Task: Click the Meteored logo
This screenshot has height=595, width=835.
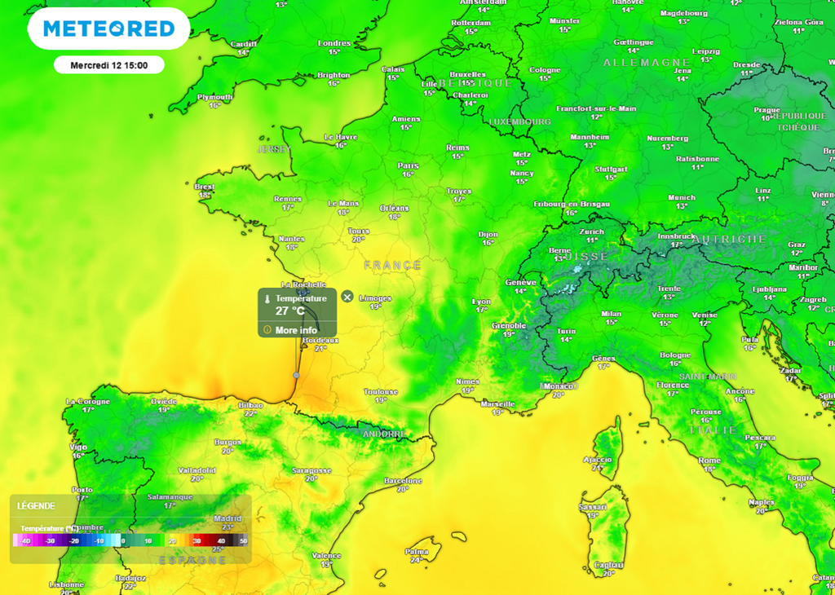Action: click(x=108, y=29)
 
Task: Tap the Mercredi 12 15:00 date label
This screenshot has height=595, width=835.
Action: click(x=109, y=65)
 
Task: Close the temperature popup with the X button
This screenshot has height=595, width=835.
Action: click(x=347, y=297)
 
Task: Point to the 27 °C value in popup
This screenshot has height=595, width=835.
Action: click(x=290, y=311)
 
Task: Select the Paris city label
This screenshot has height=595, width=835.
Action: click(x=409, y=165)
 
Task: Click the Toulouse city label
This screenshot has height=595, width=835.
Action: click(x=381, y=392)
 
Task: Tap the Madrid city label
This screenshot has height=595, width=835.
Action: click(x=228, y=518)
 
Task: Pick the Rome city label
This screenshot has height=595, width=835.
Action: click(x=709, y=461)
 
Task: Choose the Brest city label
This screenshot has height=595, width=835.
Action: click(x=205, y=187)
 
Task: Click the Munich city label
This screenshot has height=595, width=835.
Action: click(x=682, y=197)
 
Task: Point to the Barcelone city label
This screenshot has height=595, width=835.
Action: click(x=403, y=481)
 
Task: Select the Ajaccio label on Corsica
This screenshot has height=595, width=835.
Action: click(x=597, y=460)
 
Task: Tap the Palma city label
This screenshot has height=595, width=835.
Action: click(x=417, y=551)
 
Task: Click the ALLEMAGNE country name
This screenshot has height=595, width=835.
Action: click(x=636, y=63)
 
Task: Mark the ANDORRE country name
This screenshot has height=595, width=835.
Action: click(x=383, y=434)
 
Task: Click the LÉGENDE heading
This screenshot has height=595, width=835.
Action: click(x=36, y=506)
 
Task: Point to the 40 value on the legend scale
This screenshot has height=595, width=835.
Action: click(x=221, y=541)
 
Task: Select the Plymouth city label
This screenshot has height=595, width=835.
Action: click(x=215, y=97)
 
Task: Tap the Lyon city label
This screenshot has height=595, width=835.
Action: click(x=482, y=301)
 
